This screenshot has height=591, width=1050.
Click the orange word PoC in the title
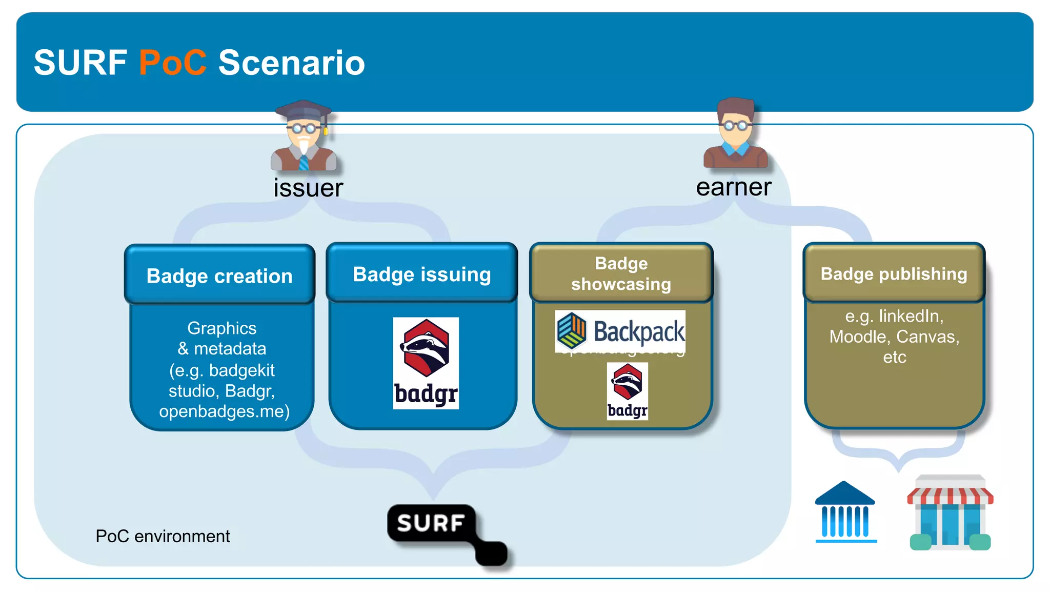[172, 63]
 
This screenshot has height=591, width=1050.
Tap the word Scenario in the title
[291, 63]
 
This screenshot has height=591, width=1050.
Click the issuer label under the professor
[308, 188]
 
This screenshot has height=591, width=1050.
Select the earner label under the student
[733, 187]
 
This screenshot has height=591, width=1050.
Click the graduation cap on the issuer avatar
[303, 110]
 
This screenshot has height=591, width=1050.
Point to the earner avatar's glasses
[735, 125]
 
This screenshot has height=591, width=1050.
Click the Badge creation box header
[219, 276]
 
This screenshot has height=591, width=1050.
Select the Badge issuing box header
[421, 274]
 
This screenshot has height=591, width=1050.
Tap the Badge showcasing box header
[621, 273]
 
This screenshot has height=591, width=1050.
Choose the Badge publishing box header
[894, 274]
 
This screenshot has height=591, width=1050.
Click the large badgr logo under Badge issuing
[426, 363]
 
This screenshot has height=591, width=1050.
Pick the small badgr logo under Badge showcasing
[627, 391]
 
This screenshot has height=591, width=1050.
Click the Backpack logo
[620, 331]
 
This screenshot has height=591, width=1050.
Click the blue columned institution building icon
[845, 513]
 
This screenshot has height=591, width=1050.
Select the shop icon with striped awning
[950, 513]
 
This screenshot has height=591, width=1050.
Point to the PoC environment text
[163, 536]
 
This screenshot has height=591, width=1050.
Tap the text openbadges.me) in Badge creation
[224, 411]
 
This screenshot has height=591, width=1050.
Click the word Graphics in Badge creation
[221, 328]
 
